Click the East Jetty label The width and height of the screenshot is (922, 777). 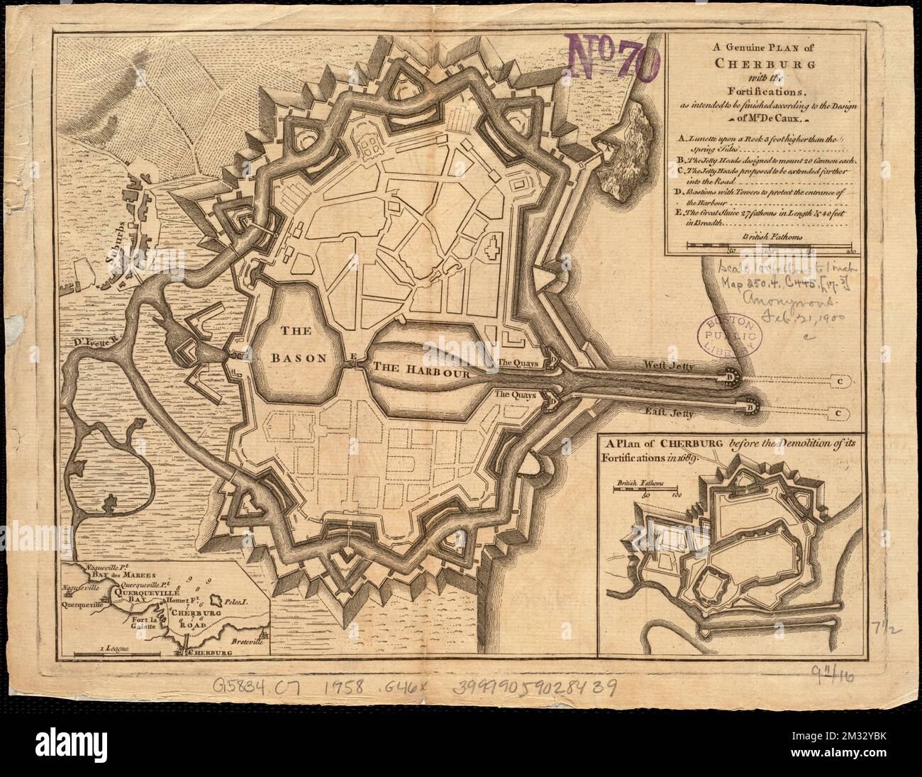(x=667, y=411)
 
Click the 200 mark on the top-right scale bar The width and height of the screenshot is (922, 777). (x=850, y=250)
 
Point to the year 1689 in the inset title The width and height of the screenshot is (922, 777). (x=686, y=458)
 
